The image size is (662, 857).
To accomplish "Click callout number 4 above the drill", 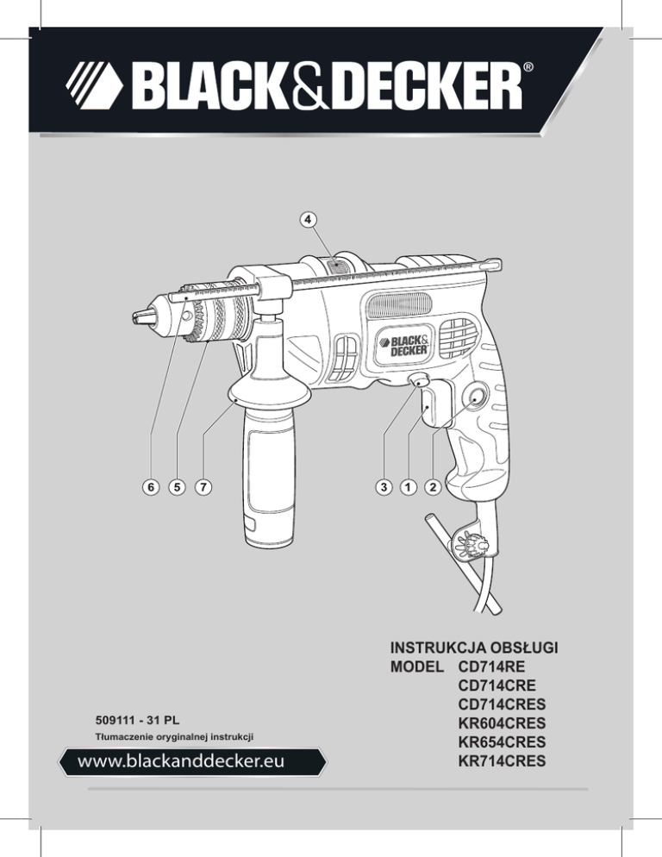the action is coord(309,219).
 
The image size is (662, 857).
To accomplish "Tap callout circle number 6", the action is coord(150,486).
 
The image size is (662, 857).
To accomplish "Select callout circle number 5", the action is coord(177,486).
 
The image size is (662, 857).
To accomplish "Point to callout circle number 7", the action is coord(203,486).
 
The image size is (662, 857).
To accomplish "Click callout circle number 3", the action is coord(384,486).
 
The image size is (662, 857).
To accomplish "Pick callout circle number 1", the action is coord(408,486).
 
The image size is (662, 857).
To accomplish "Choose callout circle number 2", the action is coord(433,486).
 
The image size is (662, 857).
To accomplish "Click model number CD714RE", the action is coord(491,666).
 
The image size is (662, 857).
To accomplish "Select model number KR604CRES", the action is coord(502,723).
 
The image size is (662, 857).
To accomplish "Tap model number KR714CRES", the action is coord(502,760).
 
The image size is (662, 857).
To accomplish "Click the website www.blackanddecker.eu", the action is coord(181,761).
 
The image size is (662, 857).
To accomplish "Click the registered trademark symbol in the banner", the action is coord(528,68).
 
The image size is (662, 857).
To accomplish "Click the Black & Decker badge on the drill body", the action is coord(403,346).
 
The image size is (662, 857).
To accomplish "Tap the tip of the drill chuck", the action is coord(135,316).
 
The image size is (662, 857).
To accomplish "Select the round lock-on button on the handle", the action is coord(474,398).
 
